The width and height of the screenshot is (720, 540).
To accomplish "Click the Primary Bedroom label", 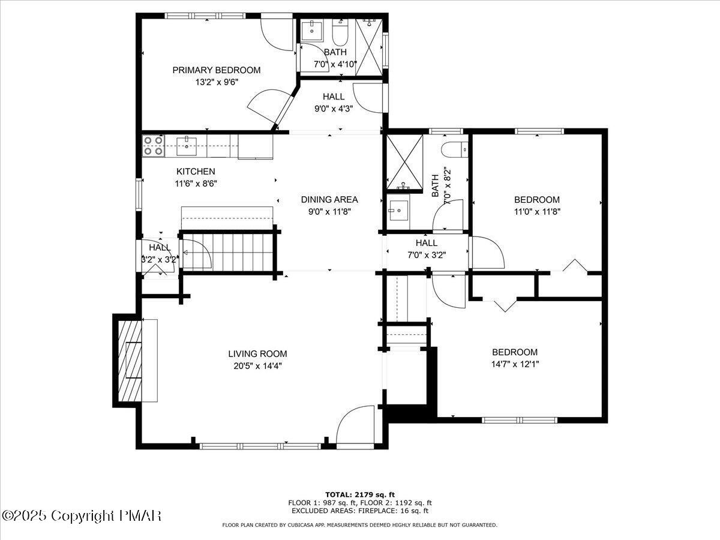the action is click(x=217, y=70).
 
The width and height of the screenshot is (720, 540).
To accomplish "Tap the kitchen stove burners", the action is click(x=154, y=146).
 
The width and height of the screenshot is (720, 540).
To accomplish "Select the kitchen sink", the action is click(x=187, y=146).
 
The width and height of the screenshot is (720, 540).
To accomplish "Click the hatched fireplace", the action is click(x=130, y=361).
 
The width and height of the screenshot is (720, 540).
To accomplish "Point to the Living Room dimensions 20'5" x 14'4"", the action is click(x=258, y=366).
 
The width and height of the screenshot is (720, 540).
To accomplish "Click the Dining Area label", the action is click(x=329, y=200).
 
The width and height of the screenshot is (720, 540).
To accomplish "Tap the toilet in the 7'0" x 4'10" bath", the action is click(x=340, y=33).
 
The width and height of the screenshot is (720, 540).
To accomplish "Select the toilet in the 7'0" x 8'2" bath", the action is click(x=455, y=150).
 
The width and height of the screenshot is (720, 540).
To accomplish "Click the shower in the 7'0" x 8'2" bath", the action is click(x=405, y=162).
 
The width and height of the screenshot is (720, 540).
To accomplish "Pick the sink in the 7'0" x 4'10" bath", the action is click(x=312, y=31).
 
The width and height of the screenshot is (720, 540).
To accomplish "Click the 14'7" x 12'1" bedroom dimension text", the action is click(x=515, y=364).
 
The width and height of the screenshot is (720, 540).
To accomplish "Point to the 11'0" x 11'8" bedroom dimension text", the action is click(x=537, y=212).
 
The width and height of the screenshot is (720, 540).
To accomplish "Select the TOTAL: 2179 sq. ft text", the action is click(x=360, y=495).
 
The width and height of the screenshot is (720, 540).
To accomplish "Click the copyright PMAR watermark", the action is click(x=81, y=516).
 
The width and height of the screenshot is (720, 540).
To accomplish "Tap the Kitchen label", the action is click(x=196, y=172).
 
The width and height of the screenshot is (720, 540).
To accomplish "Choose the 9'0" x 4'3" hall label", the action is click(x=334, y=97).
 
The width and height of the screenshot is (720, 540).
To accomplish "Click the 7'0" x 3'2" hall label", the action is click(x=427, y=243).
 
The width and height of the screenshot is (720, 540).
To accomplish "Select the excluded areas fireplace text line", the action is click(x=360, y=511).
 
